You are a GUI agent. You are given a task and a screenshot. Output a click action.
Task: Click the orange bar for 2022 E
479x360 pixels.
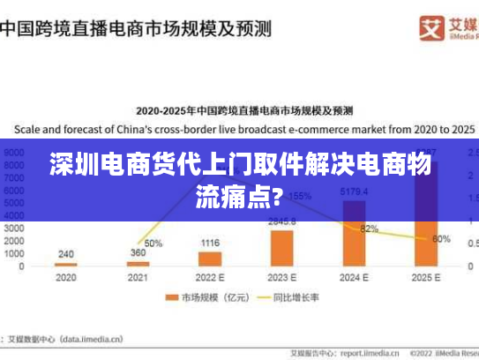tap(210, 259)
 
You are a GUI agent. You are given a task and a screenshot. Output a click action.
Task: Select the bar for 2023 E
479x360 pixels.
tap(282, 248)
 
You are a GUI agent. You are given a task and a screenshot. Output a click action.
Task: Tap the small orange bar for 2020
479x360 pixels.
tap(66, 264)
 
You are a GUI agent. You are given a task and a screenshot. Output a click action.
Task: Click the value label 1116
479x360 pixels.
tap(210, 243)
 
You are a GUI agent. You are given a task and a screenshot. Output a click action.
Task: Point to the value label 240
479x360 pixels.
tap(66, 254)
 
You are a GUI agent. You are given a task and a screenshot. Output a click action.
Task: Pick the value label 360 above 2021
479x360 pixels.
tap(138, 252)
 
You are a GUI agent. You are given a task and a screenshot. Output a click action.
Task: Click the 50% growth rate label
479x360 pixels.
tap(153, 243)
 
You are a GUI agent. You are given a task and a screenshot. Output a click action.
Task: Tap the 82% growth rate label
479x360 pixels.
tap(370, 229)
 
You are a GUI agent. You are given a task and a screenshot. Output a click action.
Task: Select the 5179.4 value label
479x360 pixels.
tap(354, 191)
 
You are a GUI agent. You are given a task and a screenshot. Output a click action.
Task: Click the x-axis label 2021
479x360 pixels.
tap(138, 276)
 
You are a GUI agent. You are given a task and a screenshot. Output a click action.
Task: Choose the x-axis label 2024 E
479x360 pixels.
tap(354, 276)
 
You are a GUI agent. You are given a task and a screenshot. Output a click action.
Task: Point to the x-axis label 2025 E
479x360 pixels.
tap(426, 276)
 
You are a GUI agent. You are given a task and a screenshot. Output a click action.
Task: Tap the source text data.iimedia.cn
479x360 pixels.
tap(88, 337)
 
